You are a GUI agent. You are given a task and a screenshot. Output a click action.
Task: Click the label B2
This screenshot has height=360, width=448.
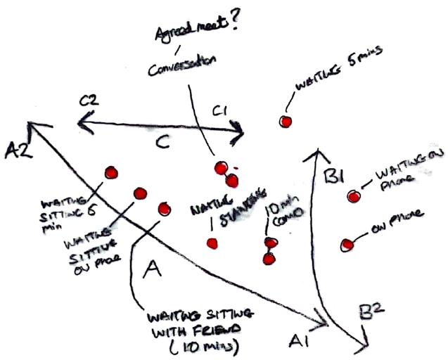pyautogui.click(x=371, y=309)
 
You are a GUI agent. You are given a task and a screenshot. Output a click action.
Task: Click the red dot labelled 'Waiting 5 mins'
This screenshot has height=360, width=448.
pyautogui.click(x=285, y=122)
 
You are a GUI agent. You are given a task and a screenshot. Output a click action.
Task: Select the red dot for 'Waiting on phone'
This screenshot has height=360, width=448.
pyautogui.click(x=352, y=196)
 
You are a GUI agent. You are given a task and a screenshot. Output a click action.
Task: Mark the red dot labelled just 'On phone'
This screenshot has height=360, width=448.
pyautogui.click(x=346, y=245)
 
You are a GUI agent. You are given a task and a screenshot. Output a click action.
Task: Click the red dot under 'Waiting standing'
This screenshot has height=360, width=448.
pyautogui.click(x=212, y=243)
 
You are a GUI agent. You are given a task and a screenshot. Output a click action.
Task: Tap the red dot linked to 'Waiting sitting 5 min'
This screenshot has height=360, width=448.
pyautogui.click(x=110, y=172)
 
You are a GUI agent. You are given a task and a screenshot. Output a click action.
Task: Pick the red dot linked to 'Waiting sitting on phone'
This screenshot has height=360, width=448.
pyautogui.click(x=139, y=193)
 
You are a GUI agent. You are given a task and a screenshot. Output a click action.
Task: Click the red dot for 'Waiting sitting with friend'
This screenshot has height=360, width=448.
pyautogui.click(x=165, y=208)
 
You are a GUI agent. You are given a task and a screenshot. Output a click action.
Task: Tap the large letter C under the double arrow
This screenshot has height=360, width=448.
pyautogui.click(x=161, y=143)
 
